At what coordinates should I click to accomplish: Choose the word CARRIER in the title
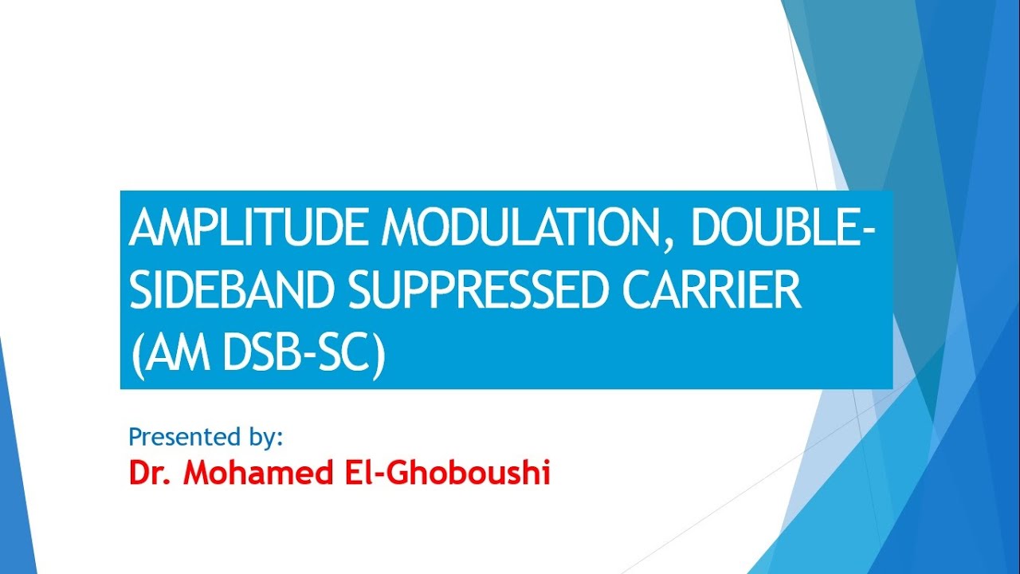(x=712, y=292)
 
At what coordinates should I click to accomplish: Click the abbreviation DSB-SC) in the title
(x=304, y=355)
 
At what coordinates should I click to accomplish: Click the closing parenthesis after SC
(x=379, y=356)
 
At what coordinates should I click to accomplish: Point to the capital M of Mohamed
(x=196, y=474)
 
